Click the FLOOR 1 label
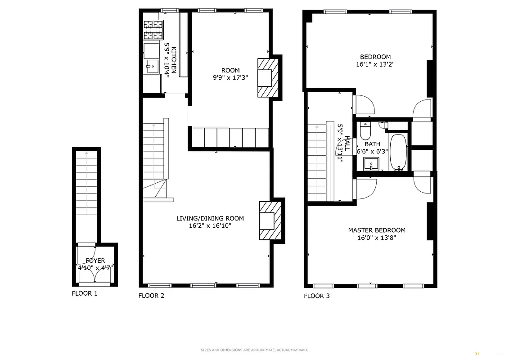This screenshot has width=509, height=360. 85,293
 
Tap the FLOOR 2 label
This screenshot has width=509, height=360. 151,296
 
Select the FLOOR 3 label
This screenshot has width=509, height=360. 317,296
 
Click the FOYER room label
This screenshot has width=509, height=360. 95,261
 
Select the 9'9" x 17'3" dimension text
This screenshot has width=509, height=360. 230,77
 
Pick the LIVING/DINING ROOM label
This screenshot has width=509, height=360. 210,218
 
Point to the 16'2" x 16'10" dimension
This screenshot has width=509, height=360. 210,226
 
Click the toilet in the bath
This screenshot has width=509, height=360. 365,131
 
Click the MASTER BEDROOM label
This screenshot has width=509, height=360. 376,230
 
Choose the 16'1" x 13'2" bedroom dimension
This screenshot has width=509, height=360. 375,64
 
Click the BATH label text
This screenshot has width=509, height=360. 372,144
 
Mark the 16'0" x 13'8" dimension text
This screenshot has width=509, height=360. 376,238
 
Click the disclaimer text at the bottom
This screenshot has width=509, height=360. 254,350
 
